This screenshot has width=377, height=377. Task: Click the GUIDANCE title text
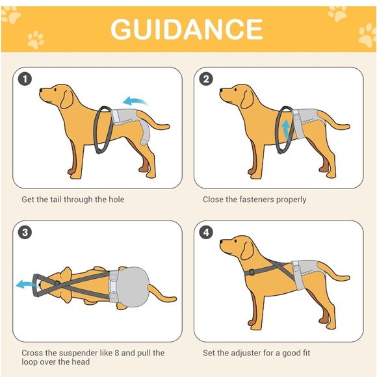[x=187, y=29]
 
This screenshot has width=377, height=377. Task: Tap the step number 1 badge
[x=25, y=79]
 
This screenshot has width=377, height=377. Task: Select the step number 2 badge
[x=206, y=79]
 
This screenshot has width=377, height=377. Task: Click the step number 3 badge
[x=25, y=233]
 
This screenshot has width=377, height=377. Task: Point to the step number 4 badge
[x=206, y=233]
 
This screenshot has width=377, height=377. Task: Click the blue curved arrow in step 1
[x=135, y=101]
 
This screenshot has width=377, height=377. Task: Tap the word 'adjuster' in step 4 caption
[x=246, y=353]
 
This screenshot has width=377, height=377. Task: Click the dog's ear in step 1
[x=66, y=99]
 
